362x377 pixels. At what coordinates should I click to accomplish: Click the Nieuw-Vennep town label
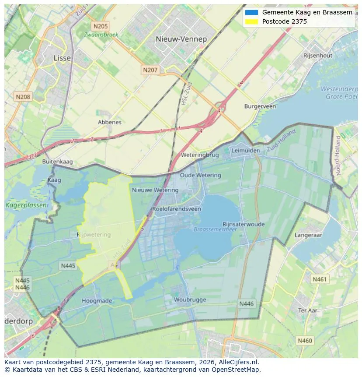[x=181, y=39]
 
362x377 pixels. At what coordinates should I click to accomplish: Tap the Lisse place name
[x=62, y=58]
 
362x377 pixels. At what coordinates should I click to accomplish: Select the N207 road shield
[x=150, y=70]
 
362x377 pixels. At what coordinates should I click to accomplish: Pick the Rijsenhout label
[x=318, y=56]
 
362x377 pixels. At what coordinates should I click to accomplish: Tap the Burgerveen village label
[x=260, y=106]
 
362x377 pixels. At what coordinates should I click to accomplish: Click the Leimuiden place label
[x=245, y=150]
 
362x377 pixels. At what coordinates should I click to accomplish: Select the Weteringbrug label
[x=200, y=155]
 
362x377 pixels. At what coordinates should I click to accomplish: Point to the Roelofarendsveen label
[x=177, y=209]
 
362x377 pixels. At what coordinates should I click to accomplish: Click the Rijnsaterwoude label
[x=244, y=224]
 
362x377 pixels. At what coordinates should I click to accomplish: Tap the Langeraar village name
[x=308, y=235]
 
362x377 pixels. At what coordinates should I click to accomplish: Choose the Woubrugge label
[x=189, y=300]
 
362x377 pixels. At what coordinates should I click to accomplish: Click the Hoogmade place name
[x=97, y=301]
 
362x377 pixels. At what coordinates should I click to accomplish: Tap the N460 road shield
[x=305, y=340]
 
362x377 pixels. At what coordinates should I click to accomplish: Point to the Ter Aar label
[x=307, y=310]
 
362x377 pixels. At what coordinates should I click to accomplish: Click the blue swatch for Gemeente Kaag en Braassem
[x=252, y=13]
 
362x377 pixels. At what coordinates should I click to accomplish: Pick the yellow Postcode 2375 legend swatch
[x=252, y=21]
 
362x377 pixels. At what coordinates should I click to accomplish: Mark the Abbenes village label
[x=110, y=122]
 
